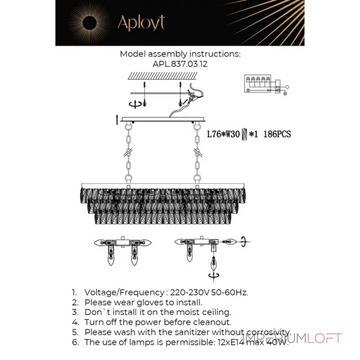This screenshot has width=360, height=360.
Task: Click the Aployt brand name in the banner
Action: [141, 23]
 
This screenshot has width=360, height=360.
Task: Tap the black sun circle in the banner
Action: [90, 22]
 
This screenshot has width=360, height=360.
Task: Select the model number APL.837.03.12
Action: [180, 64]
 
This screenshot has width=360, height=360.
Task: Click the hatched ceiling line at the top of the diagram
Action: [162, 76]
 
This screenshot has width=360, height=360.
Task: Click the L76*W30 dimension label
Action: [223, 134]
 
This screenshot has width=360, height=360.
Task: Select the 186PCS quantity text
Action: [277, 134]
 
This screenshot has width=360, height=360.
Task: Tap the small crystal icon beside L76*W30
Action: [245, 134]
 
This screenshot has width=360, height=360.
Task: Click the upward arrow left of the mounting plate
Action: [117, 120]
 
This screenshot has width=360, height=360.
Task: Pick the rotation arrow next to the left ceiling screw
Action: [135, 104]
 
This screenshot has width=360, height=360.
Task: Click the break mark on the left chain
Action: [128, 153]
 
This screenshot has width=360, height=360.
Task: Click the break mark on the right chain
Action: [197, 153]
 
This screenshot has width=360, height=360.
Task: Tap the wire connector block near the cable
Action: [192, 99]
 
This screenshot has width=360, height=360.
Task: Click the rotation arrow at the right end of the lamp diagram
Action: [243, 242]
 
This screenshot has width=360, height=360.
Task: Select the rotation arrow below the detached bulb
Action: [214, 275]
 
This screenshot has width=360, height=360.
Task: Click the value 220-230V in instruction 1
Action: [190, 292]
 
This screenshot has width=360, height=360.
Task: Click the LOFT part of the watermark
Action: [324, 338]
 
